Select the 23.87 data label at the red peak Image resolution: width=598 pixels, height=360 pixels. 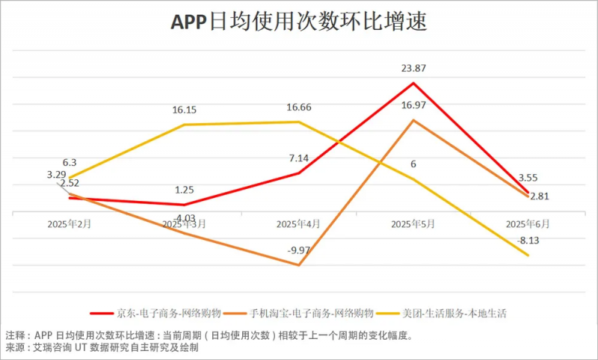pos(413,69)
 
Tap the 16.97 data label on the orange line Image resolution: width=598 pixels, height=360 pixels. pos(413,105)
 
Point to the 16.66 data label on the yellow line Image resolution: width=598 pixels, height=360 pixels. pos(299,108)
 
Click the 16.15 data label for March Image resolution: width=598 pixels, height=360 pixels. pos(184,110)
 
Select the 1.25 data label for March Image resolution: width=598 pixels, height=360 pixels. pos(184,190)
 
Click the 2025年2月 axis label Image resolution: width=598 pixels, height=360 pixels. pos(70,223)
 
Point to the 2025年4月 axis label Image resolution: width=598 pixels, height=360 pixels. pos(299,223)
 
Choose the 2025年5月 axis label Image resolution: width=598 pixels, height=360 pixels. pos(413,223)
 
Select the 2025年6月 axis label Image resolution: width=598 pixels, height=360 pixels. pos(528,223)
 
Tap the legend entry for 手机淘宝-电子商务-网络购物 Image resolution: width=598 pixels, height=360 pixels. pos(307,313)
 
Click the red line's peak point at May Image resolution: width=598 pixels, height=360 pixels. pos(413,82)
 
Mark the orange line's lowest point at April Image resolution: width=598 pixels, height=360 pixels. pos(299,265)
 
